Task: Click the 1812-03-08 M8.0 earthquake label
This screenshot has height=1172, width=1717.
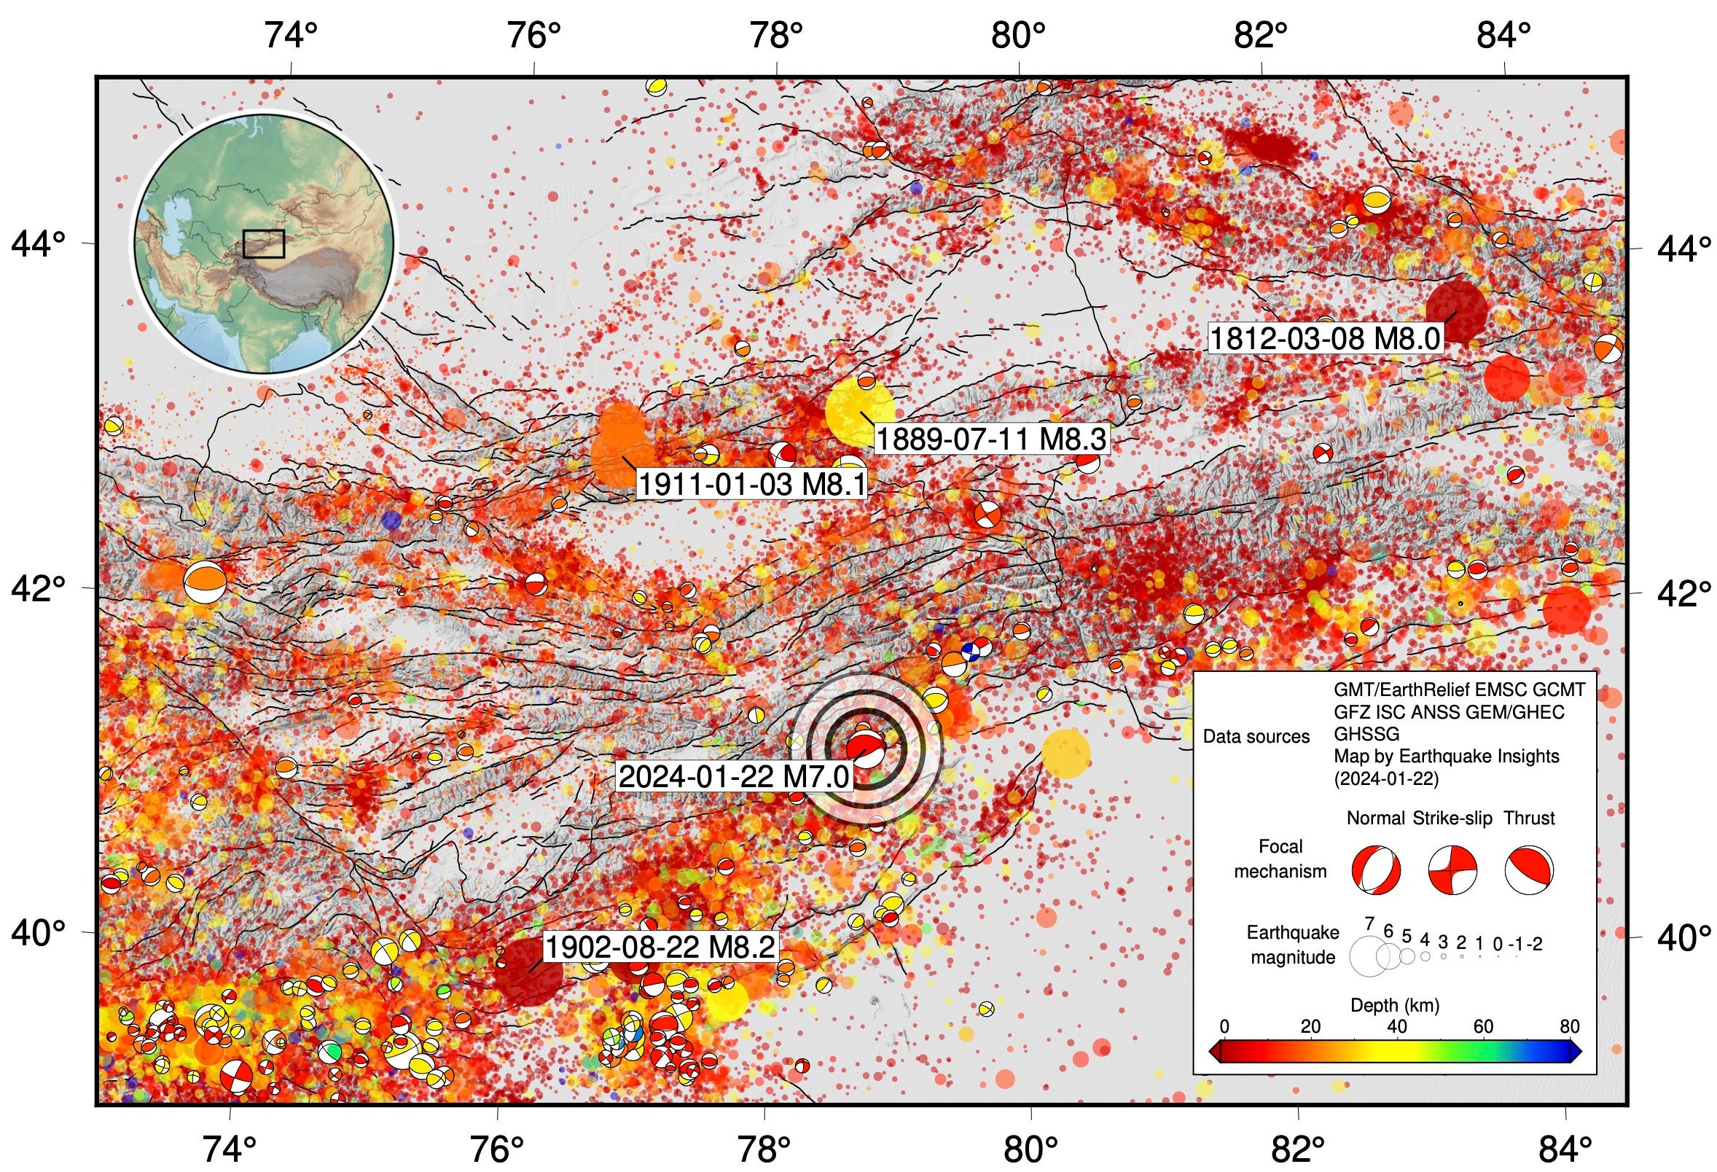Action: pyautogui.click(x=1325, y=338)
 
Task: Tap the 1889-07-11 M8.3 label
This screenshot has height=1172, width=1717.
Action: pyautogui.click(x=990, y=439)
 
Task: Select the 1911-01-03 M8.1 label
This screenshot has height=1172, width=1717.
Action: pyautogui.click(x=751, y=485)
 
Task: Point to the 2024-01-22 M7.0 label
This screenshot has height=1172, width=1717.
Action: pyautogui.click(x=735, y=777)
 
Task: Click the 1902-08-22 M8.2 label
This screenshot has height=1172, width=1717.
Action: pyautogui.click(x=660, y=947)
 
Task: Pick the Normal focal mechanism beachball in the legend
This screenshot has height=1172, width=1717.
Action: pyautogui.click(x=1376, y=870)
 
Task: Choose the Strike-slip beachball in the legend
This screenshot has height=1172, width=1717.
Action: pyautogui.click(x=1452, y=870)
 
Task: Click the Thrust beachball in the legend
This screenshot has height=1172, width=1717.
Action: pyautogui.click(x=1528, y=870)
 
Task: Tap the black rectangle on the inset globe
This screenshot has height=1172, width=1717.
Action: pyautogui.click(x=264, y=244)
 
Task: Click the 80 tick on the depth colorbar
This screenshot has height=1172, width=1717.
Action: pyautogui.click(x=1569, y=1026)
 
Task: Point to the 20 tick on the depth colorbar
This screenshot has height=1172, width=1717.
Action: pyautogui.click(x=1310, y=1026)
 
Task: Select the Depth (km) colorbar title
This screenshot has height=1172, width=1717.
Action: pyautogui.click(x=1394, y=1005)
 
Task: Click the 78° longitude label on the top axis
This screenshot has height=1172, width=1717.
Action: pyautogui.click(x=775, y=35)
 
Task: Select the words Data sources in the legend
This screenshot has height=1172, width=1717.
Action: pyautogui.click(x=1256, y=737)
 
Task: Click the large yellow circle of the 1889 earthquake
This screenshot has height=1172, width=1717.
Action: pyautogui.click(x=859, y=411)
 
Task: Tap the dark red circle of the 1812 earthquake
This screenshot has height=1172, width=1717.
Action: pyautogui.click(x=1456, y=311)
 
